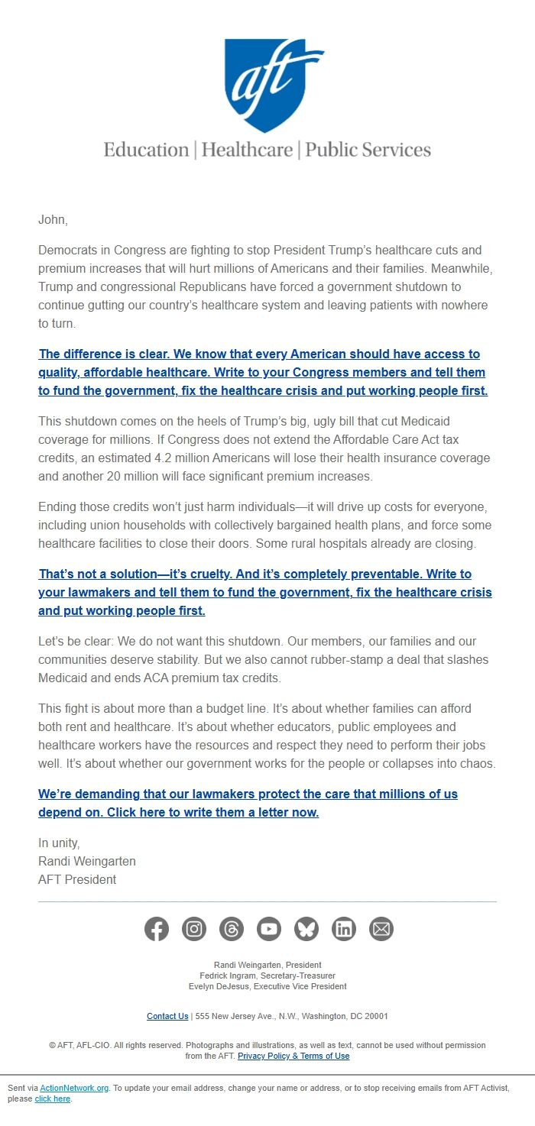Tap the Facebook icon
[157, 929]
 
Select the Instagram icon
[194, 929]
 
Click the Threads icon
[232, 929]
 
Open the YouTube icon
[269, 929]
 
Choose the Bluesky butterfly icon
[306, 929]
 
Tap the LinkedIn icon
[344, 929]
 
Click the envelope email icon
[381, 929]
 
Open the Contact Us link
[167, 1016]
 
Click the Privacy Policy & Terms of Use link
[293, 1056]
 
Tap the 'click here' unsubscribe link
[52, 1098]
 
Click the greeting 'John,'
[53, 220]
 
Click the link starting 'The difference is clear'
[263, 373]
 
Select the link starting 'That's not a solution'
[265, 593]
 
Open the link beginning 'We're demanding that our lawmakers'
[248, 804]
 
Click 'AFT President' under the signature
[77, 879]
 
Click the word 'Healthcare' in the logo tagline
[247, 150]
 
